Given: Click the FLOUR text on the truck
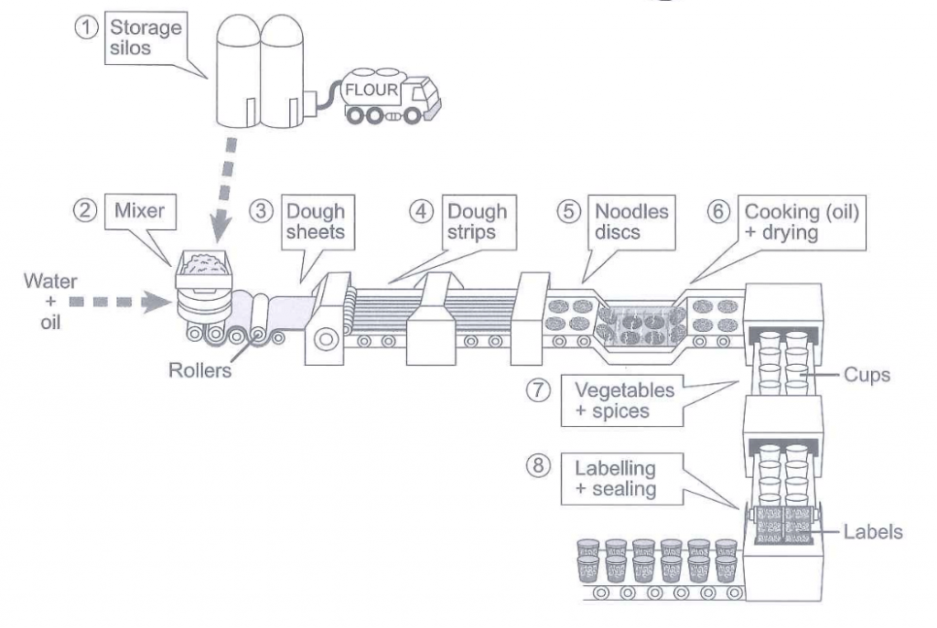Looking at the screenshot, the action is pyautogui.click(x=372, y=90).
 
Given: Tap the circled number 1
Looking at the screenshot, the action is pyautogui.click(x=87, y=27).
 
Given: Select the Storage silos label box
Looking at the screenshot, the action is pyautogui.click(x=145, y=37).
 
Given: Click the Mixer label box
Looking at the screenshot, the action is pyautogui.click(x=140, y=211).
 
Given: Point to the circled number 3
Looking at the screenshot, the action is pyautogui.click(x=261, y=211).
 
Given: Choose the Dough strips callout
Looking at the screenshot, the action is pyautogui.click(x=479, y=222).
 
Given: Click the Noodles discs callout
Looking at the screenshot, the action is pyautogui.click(x=631, y=222).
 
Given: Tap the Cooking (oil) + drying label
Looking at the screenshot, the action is pyautogui.click(x=801, y=222).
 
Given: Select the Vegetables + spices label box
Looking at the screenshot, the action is pyautogui.click(x=621, y=400).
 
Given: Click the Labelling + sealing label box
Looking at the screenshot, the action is pyautogui.click(x=621, y=479).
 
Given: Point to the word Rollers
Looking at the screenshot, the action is pyautogui.click(x=199, y=371).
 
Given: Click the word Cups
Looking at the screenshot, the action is pyautogui.click(x=867, y=375).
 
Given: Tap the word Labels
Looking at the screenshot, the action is pyautogui.click(x=873, y=532).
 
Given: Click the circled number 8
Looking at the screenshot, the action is pyautogui.click(x=538, y=465).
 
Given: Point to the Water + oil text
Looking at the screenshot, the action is pyautogui.click(x=51, y=302).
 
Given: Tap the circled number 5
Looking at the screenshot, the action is pyautogui.click(x=568, y=211).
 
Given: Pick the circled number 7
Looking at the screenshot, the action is pyautogui.click(x=538, y=390).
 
